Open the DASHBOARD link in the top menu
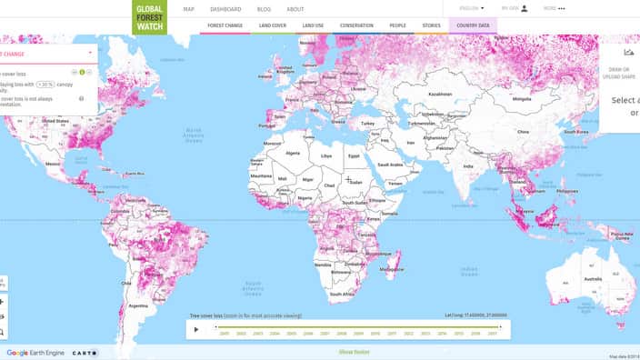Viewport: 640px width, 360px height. pyautogui.click(x=225, y=9)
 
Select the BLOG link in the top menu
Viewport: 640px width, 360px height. pyautogui.click(x=264, y=9)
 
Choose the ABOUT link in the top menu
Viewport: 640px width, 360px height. pyautogui.click(x=295, y=9)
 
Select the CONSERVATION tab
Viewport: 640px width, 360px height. pyautogui.click(x=356, y=26)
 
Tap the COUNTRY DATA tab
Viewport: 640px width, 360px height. pyautogui.click(x=474, y=26)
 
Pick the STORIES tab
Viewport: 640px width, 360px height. pyautogui.click(x=432, y=26)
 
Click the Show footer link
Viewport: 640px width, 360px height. pyautogui.click(x=354, y=352)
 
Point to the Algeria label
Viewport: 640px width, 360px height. pyautogui.click(x=293, y=154)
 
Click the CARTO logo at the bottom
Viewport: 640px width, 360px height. pyautogui.click(x=85, y=353)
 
